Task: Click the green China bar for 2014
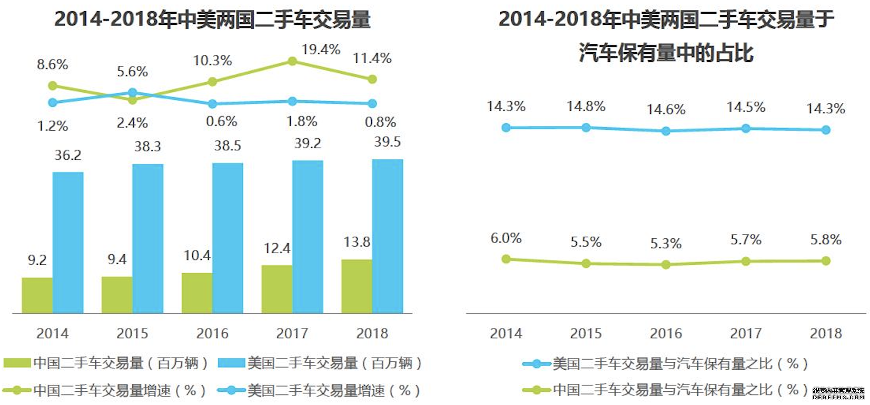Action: coord(37,295)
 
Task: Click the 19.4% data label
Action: coord(321,50)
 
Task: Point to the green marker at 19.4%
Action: coord(292,62)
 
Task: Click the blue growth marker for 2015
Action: coord(133,93)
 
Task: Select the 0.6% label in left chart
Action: coord(221,122)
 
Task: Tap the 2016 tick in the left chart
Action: coord(212,333)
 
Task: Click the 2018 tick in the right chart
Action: coord(826,333)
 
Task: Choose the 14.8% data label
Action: coord(586,107)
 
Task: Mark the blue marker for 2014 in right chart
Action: coord(506,128)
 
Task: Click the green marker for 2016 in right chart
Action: coord(666,264)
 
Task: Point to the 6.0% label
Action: coord(506,238)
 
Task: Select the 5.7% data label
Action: coord(746,240)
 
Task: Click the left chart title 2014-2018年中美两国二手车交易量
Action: coord(212,20)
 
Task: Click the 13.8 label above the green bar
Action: coord(357,242)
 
